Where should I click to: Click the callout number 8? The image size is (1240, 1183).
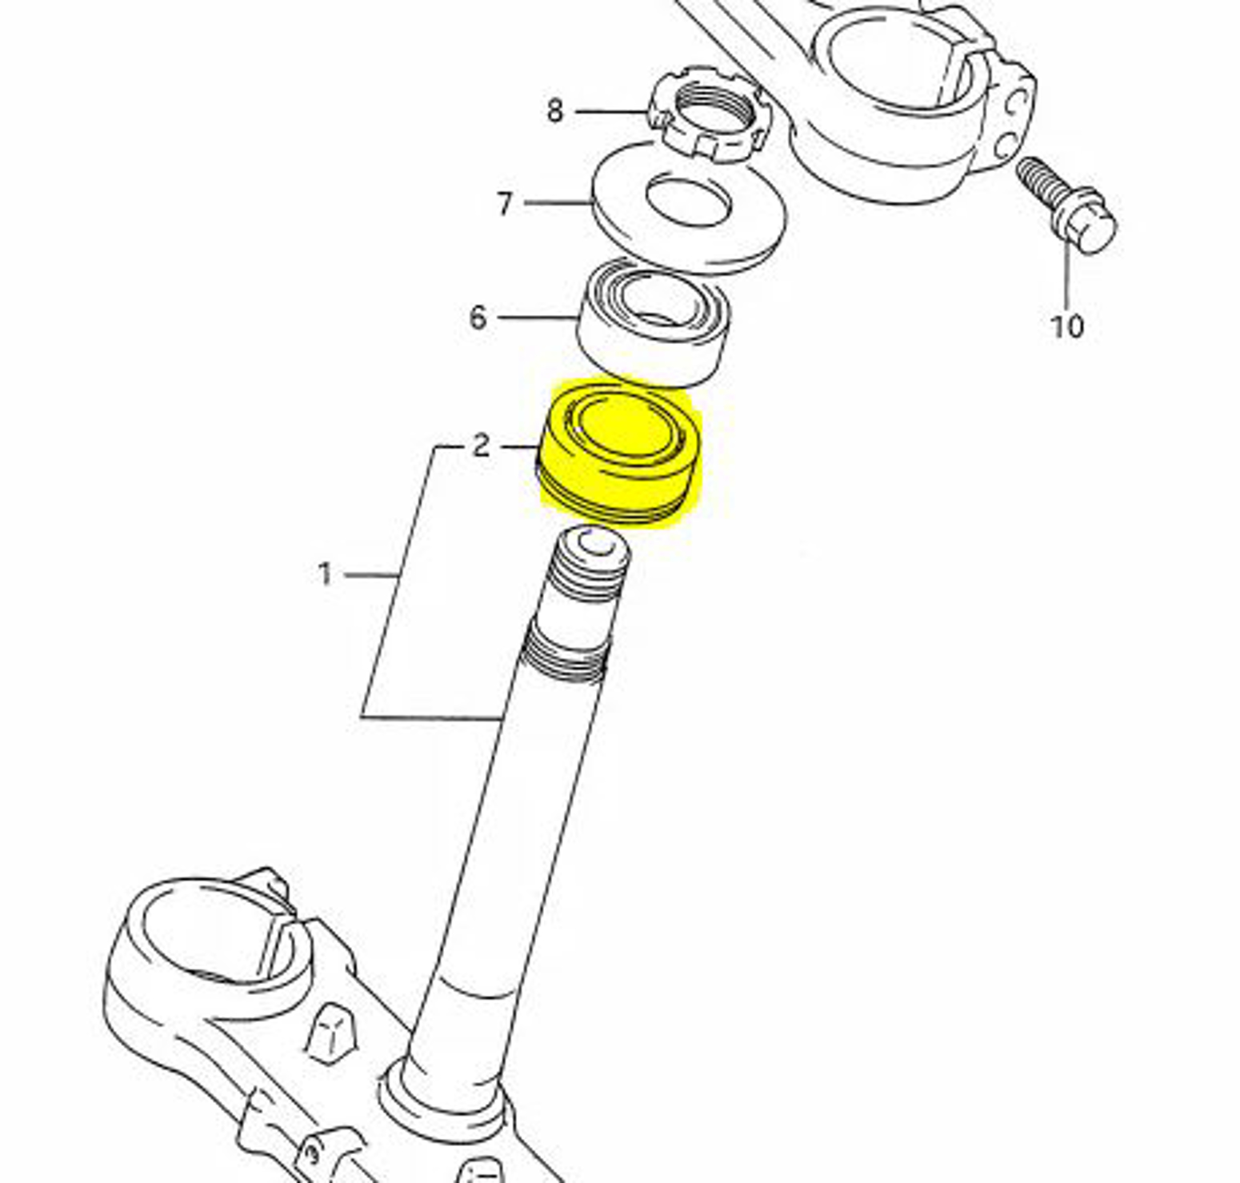pos(554,110)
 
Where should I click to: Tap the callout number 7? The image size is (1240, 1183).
pos(504,203)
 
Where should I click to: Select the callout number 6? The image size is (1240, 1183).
pos(478,318)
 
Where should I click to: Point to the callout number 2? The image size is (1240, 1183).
pos(480,445)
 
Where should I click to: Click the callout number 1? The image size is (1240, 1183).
pos(325,574)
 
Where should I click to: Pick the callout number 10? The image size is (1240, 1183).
pos(1066,326)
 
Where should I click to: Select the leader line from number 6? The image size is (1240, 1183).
pos(536,318)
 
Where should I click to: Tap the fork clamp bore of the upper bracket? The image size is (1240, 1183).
pos(896,56)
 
